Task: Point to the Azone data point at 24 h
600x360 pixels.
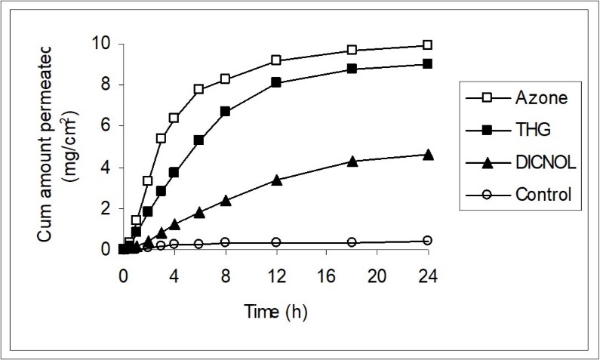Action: pos(428,45)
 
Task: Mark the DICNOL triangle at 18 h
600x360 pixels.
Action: pos(352,161)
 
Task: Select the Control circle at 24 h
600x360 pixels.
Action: pos(428,240)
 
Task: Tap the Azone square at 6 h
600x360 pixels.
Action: pos(199,89)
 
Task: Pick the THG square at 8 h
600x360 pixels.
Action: pos(225,111)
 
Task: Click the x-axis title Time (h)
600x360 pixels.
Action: pos(275,310)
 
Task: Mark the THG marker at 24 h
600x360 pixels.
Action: pos(428,64)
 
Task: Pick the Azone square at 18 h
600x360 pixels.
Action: pos(352,50)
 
